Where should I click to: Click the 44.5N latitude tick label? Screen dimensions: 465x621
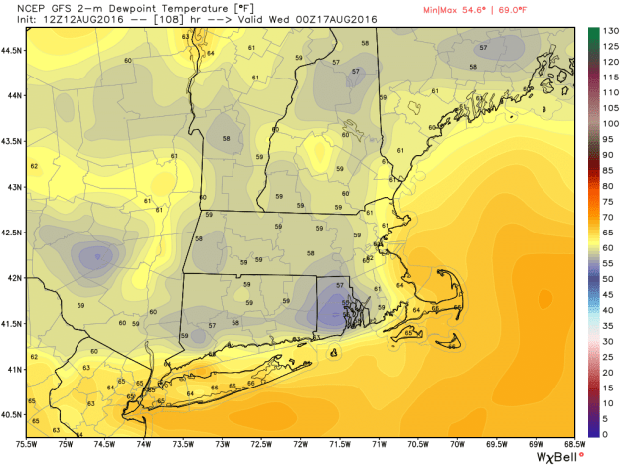point(12,49)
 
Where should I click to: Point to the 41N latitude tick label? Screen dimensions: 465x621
point(12,368)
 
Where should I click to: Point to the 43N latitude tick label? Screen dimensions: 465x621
point(12,186)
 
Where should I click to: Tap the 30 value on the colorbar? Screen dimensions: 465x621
point(599,341)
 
